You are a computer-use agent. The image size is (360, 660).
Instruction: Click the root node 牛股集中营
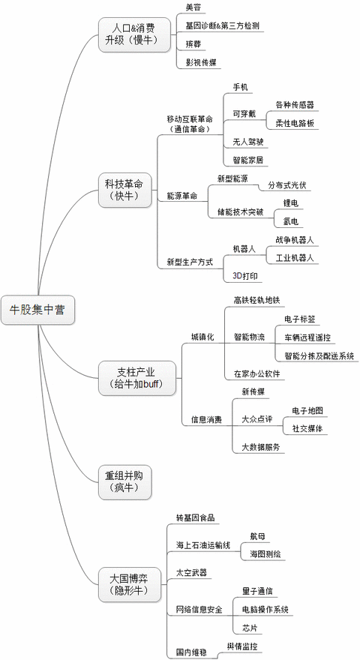[x=37, y=310]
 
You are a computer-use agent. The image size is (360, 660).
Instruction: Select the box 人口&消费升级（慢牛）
[x=135, y=34]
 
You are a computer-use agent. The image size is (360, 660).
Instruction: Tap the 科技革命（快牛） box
[x=124, y=190]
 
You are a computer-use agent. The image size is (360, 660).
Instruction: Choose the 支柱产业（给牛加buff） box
[x=136, y=378]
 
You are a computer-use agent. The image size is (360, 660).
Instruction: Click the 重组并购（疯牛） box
[x=124, y=482]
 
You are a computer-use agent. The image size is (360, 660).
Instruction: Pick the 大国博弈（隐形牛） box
[x=130, y=584]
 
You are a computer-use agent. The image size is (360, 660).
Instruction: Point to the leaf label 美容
[x=193, y=7]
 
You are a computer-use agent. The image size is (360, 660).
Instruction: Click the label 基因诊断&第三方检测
[x=222, y=25]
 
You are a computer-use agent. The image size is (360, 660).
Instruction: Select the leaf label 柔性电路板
[x=295, y=123]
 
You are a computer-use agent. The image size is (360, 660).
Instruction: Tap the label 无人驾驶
[x=248, y=142]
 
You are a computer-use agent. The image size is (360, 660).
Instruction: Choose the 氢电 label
[x=291, y=221]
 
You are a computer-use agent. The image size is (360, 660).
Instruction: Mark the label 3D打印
[x=245, y=276]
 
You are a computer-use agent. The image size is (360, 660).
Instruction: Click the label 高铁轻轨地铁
[x=256, y=300]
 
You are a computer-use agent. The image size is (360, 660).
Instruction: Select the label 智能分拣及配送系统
[x=319, y=355]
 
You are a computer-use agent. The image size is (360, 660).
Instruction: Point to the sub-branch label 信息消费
[x=206, y=420]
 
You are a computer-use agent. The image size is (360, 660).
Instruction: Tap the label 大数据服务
[x=261, y=447]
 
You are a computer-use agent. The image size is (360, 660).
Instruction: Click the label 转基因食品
[x=195, y=517]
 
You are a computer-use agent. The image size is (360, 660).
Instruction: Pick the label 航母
[x=257, y=536]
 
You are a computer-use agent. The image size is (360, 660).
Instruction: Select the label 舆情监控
[x=242, y=646]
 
